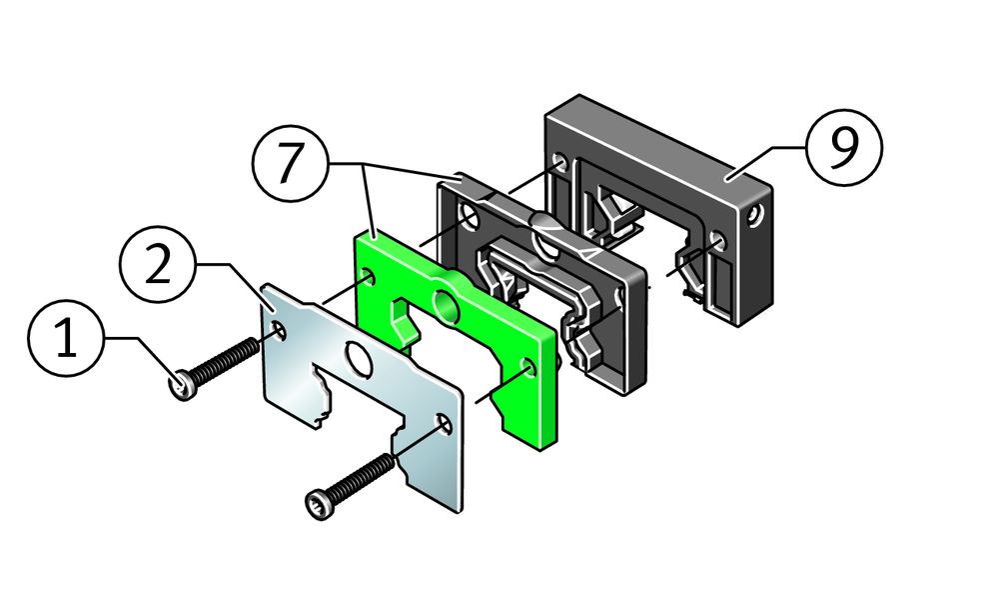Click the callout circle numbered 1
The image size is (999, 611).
66,339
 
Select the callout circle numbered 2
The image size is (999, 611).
158,265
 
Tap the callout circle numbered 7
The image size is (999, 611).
290,164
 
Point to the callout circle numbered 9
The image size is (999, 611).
844,147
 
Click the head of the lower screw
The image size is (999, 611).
320,504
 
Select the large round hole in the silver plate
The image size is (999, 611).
359,359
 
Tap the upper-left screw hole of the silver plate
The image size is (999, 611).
280,329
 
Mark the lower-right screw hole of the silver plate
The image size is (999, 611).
443,423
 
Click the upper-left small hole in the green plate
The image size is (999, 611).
368,277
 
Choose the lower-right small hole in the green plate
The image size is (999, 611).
527,367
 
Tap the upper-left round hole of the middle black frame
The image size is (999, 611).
469,217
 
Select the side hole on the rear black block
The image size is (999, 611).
754,217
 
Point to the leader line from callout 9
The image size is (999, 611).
767,163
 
